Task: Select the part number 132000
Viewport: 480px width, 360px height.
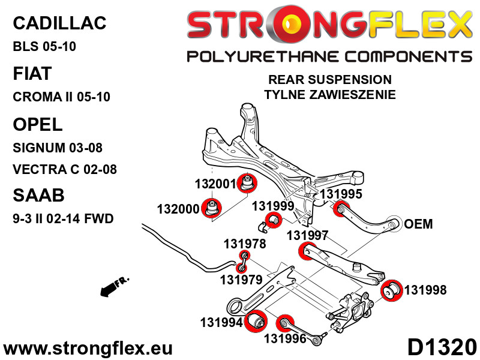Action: (178, 209)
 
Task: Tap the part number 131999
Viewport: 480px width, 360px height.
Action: (272, 205)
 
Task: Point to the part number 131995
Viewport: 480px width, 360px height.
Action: (341, 194)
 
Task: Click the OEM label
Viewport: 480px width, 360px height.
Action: (418, 224)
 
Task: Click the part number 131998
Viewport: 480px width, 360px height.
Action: (425, 290)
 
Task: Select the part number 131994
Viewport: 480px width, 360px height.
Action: (221, 323)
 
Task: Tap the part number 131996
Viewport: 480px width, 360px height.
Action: (284, 339)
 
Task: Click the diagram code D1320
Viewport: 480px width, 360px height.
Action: (442, 348)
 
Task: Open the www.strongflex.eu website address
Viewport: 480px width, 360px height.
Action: (88, 349)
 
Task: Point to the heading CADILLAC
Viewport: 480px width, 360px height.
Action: (59, 23)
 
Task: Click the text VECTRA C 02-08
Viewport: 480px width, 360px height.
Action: (64, 169)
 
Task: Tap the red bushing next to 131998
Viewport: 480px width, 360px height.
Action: (392, 292)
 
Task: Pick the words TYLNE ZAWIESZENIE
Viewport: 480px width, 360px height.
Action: (329, 95)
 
